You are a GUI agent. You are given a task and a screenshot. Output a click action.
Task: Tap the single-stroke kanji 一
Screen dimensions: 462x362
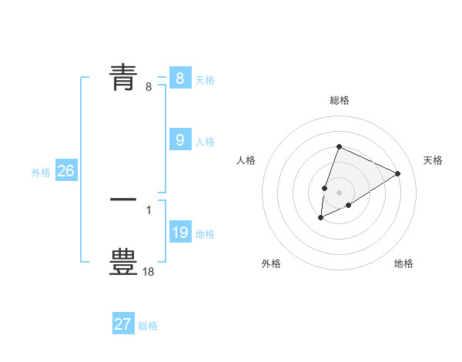point(123,199)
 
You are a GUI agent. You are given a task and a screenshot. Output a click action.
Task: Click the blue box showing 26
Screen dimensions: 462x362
point(65,171)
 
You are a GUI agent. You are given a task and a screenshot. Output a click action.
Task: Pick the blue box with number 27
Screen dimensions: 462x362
point(122,324)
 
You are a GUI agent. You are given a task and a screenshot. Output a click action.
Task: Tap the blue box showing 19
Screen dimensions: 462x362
point(179,233)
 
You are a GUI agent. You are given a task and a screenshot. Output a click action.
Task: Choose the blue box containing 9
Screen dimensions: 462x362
point(179,140)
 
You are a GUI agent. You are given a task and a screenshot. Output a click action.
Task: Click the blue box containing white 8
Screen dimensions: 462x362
point(179,79)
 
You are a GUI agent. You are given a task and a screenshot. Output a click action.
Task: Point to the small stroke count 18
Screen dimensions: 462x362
point(149,271)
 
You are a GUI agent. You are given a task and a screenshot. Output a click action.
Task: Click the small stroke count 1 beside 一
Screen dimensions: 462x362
point(149,209)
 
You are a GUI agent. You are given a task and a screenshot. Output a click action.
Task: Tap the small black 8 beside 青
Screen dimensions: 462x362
point(149,87)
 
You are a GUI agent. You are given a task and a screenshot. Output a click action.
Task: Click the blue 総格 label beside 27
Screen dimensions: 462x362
point(148,327)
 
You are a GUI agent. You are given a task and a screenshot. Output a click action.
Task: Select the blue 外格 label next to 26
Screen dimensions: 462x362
point(41,173)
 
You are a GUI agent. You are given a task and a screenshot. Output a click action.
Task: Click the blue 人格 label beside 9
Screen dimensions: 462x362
point(205,142)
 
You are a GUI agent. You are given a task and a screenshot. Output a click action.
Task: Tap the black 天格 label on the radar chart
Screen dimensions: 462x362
point(433,160)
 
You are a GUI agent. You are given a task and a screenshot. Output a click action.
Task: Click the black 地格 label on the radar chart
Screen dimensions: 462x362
point(403,263)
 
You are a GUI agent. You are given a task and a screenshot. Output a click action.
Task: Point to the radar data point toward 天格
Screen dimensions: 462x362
point(397,173)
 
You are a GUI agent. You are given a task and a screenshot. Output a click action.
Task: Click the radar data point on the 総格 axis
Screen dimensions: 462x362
point(339,146)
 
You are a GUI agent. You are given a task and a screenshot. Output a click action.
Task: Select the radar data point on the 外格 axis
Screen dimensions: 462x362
point(321,218)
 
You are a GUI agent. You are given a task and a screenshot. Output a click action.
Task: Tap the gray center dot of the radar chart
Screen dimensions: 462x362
point(339,192)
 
